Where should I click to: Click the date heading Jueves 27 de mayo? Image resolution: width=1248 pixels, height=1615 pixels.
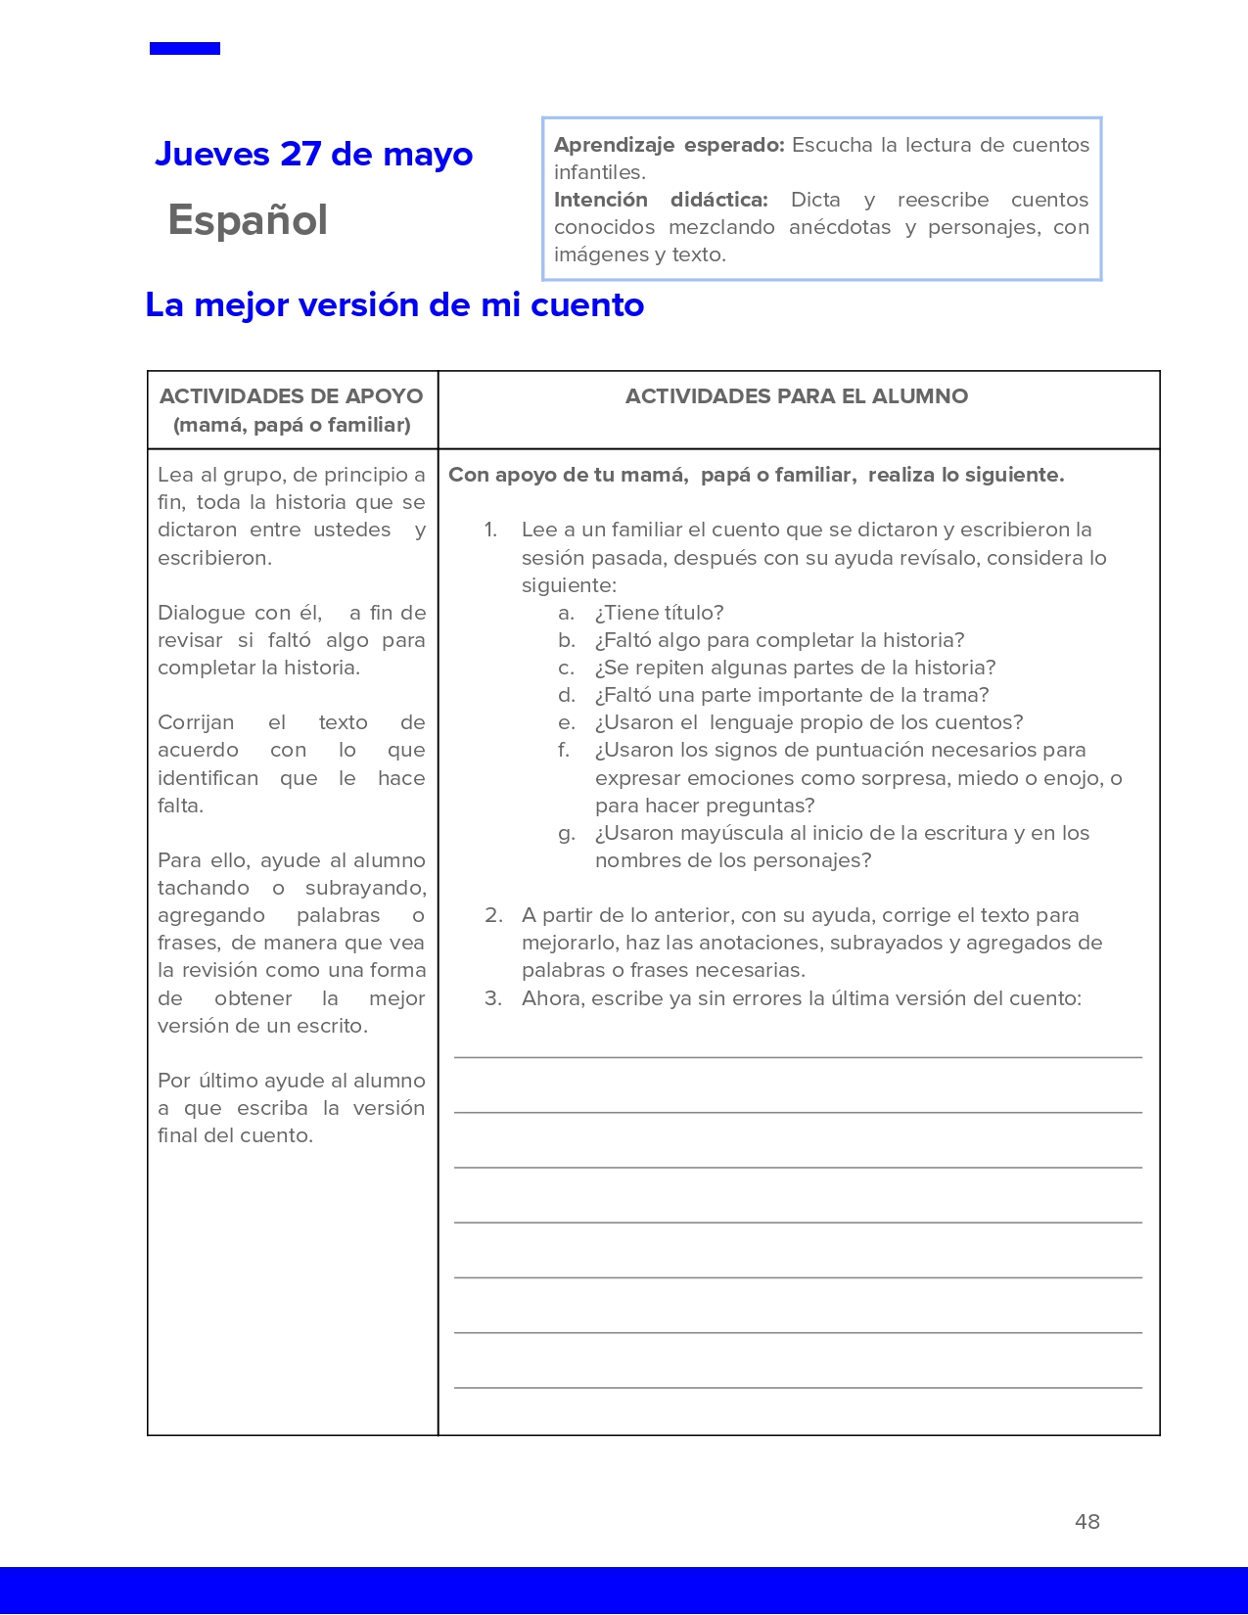tap(313, 155)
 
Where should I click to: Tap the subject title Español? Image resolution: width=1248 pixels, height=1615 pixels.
tap(248, 220)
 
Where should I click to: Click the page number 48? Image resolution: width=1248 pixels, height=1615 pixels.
tap(1086, 1521)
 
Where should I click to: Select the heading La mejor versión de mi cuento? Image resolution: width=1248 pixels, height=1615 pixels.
tap(394, 305)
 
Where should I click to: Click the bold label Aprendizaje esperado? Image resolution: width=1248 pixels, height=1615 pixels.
tap(669, 145)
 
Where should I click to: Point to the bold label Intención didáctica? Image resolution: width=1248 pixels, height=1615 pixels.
tap(660, 200)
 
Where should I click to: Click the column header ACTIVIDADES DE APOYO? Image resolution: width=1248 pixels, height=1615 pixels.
tap(291, 396)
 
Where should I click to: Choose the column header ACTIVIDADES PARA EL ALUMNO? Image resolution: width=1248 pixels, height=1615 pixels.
tap(797, 396)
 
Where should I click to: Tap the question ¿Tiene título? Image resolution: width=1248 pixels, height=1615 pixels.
tap(659, 613)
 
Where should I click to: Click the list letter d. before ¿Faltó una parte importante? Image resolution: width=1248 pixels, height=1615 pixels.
tap(567, 695)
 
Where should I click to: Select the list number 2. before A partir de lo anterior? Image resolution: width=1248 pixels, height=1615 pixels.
tap(493, 915)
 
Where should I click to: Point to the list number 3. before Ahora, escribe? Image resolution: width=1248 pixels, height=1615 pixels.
tap(493, 998)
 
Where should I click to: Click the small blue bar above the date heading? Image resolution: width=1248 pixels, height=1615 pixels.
tap(185, 49)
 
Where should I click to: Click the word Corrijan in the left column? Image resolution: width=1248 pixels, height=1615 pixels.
tap(196, 722)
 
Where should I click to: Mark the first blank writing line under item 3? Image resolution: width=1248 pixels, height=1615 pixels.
tap(798, 1056)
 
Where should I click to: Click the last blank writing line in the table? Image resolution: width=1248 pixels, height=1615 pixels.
tap(798, 1387)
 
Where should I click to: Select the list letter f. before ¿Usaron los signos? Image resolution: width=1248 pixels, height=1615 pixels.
tap(564, 750)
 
